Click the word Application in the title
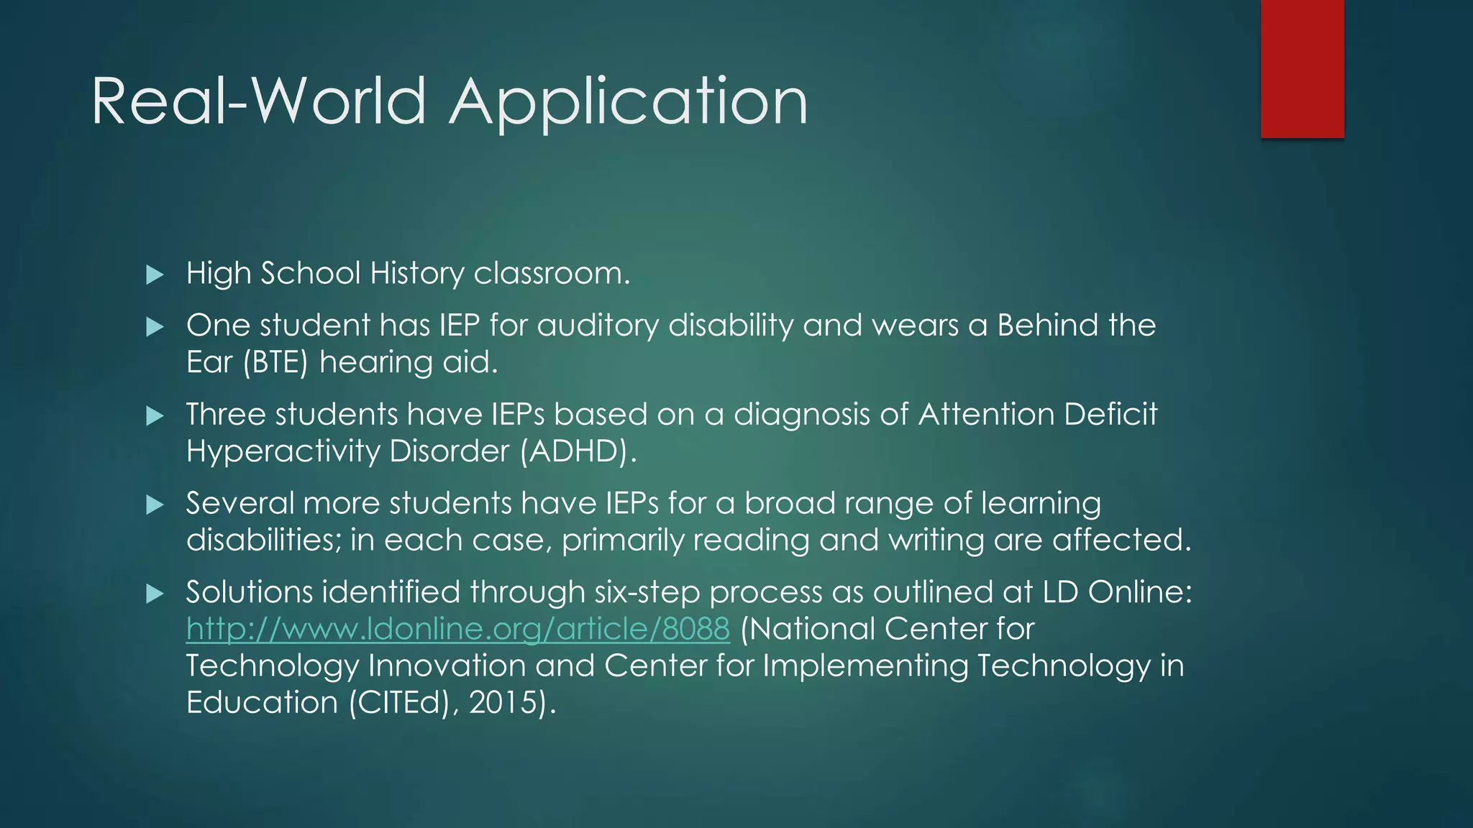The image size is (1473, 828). point(629,102)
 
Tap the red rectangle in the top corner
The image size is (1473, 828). point(1302,69)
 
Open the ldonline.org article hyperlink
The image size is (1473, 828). point(458,629)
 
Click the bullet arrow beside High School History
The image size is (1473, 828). point(155,275)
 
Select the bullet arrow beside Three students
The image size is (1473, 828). point(155,415)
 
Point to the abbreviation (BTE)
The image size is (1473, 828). point(275,362)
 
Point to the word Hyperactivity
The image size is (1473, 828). point(283,451)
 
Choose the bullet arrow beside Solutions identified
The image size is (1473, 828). point(155,594)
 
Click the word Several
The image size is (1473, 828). point(240,503)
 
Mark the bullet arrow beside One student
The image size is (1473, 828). point(155,328)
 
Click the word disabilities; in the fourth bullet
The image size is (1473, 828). point(264,540)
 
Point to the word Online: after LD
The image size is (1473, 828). point(1140,592)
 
